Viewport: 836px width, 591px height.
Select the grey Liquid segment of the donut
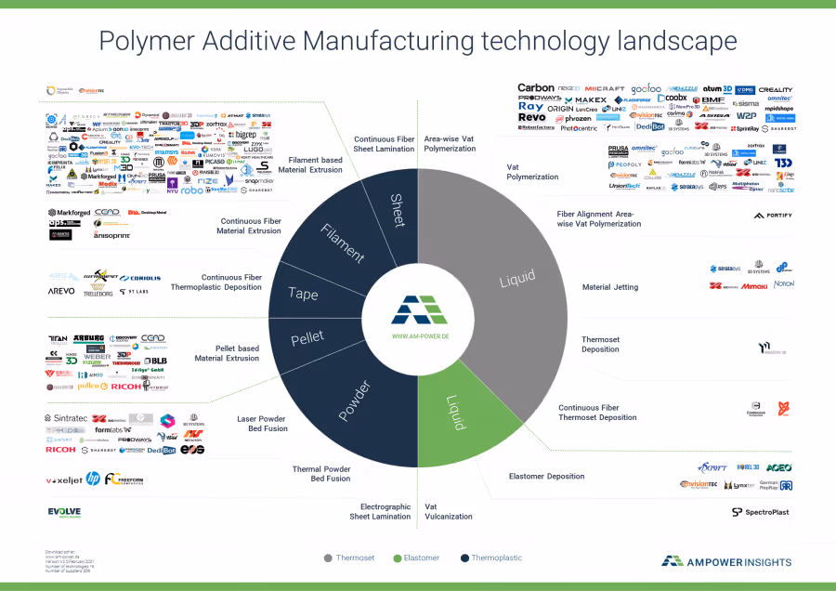click(x=517, y=280)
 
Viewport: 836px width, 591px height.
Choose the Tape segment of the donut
click(x=304, y=295)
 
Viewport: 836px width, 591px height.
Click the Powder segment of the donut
click(x=354, y=401)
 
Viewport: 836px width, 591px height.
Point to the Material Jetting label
click(x=609, y=287)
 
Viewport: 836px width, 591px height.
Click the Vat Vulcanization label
click(x=448, y=511)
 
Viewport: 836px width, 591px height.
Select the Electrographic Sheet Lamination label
click(x=380, y=511)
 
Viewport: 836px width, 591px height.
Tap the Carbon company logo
click(x=536, y=88)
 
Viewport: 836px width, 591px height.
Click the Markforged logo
click(x=72, y=213)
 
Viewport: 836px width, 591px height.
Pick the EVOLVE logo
click(x=64, y=512)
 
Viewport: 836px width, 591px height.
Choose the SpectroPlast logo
click(x=762, y=512)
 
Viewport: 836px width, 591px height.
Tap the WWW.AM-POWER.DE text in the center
click(x=420, y=335)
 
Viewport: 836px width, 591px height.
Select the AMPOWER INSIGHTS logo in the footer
click(x=726, y=560)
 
